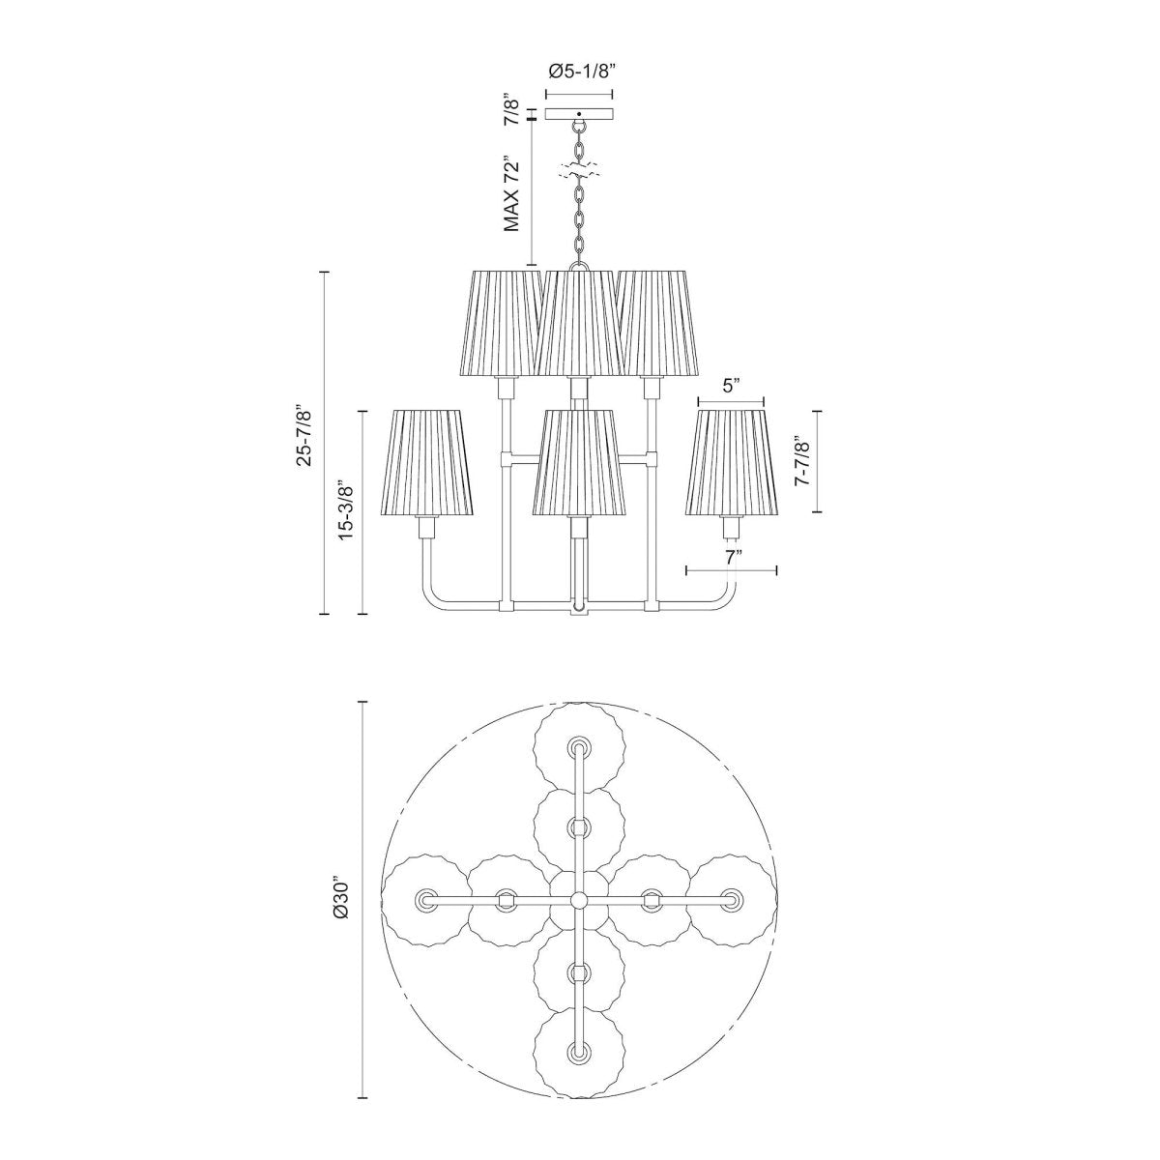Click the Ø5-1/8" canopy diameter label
click(x=579, y=71)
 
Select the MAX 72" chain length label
click(x=511, y=193)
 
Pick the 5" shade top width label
click(x=731, y=386)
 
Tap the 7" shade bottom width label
click(x=732, y=556)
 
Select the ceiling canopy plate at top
click(x=579, y=114)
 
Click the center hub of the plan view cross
click(x=579, y=900)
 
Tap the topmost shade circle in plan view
click(x=579, y=747)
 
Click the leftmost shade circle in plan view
click(x=426, y=900)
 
